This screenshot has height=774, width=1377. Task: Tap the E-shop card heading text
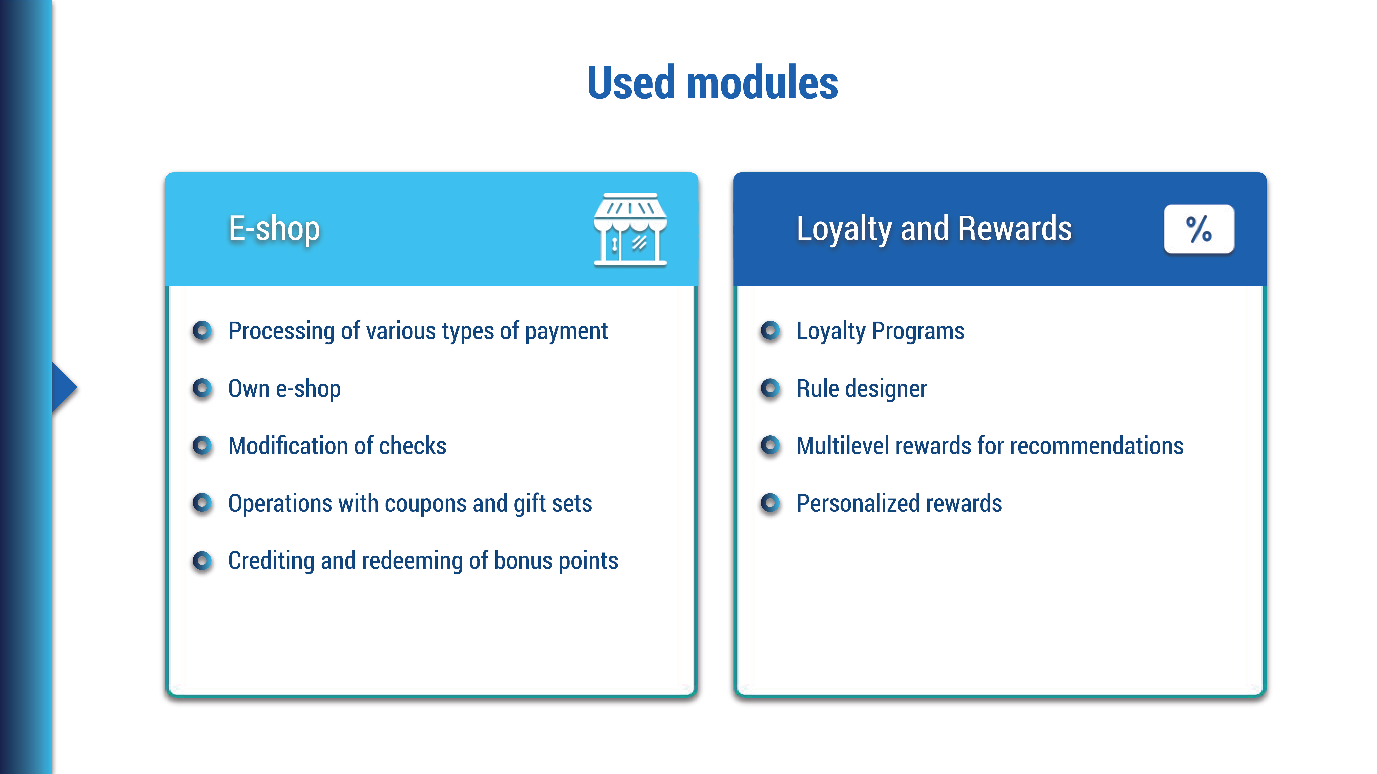point(274,229)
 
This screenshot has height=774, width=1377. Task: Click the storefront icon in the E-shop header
point(630,229)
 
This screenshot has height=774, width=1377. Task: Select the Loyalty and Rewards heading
point(934,229)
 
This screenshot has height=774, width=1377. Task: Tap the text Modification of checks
point(337,446)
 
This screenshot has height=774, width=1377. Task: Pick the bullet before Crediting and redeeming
point(202,561)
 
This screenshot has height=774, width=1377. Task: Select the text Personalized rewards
point(899,503)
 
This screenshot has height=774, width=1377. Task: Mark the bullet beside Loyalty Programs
point(770,331)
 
